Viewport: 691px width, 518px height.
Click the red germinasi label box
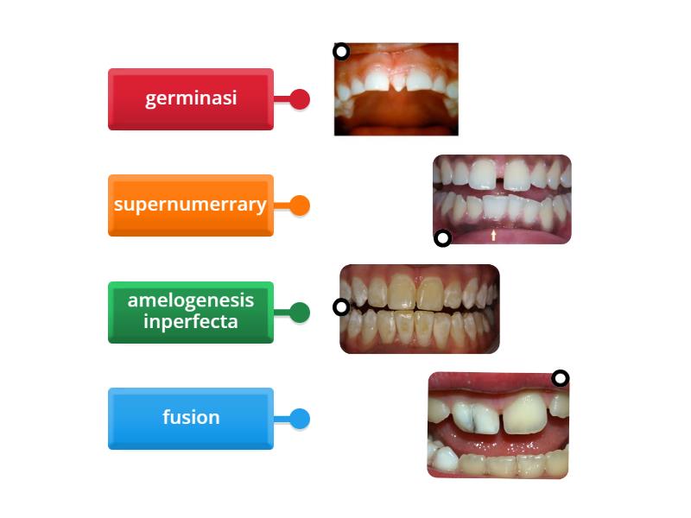(x=190, y=99)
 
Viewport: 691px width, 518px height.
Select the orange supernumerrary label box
(x=190, y=205)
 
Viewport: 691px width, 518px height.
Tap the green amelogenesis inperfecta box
(x=190, y=312)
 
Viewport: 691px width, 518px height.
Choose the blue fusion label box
(x=190, y=419)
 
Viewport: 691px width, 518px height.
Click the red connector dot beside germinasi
(x=300, y=99)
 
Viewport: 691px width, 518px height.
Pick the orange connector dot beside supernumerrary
(x=300, y=205)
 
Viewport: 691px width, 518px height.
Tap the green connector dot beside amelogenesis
(x=300, y=313)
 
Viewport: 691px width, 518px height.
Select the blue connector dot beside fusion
(x=300, y=419)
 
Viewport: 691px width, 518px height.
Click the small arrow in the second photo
(x=493, y=235)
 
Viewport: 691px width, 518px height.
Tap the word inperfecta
(x=190, y=321)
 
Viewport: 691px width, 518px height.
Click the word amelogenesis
(x=190, y=300)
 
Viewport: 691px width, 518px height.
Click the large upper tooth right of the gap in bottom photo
(x=526, y=414)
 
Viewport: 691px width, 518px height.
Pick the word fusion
(x=191, y=417)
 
